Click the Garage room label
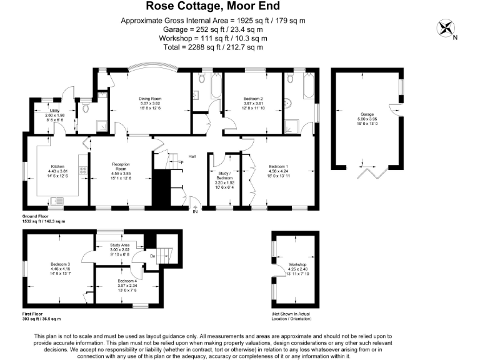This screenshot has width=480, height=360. coord(366,114)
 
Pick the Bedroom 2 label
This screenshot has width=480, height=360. coord(252,99)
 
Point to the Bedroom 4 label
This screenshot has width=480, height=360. coord(127,281)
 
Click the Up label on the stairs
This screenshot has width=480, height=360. coord(181,162)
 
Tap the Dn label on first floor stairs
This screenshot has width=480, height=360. coord(152,256)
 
